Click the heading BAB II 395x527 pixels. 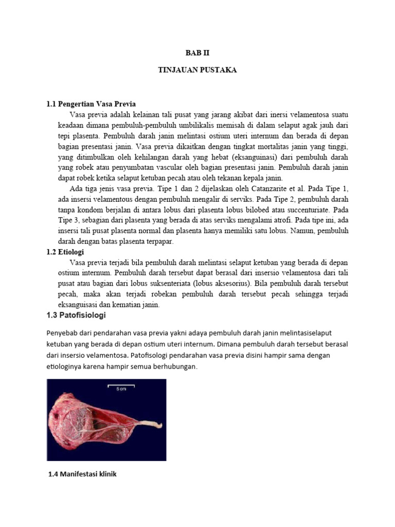(197, 53)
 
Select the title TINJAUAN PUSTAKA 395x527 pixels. (197, 71)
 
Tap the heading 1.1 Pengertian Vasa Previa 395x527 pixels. (91, 104)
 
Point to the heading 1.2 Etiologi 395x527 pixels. (65, 252)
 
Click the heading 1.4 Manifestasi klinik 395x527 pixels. (82, 474)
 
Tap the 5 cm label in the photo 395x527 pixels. (121, 390)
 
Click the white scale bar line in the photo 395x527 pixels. (121, 385)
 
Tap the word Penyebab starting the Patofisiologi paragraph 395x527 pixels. (63, 333)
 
